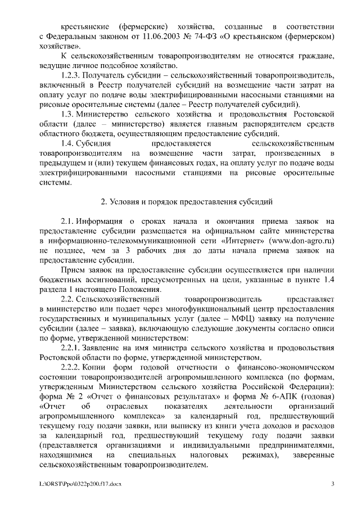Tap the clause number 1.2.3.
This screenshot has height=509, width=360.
(x=72, y=75)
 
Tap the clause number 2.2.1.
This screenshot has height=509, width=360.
(x=72, y=348)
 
